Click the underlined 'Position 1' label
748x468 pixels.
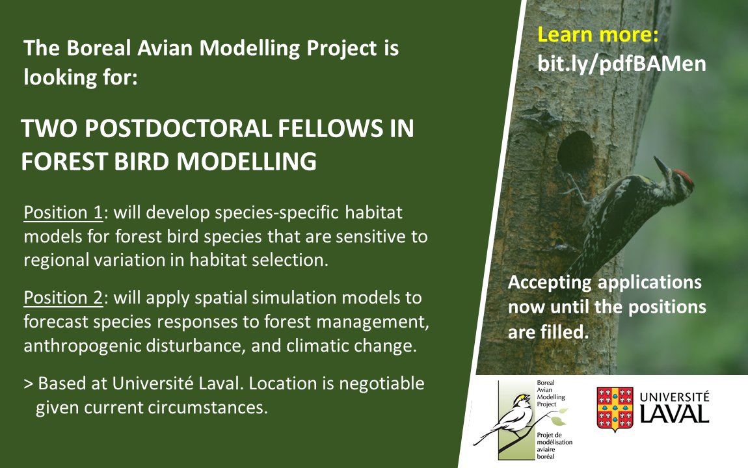[x=62, y=214]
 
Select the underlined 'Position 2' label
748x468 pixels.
[x=62, y=298]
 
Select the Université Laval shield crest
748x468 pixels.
[x=615, y=409]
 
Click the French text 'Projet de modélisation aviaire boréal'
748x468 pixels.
[x=555, y=445]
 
